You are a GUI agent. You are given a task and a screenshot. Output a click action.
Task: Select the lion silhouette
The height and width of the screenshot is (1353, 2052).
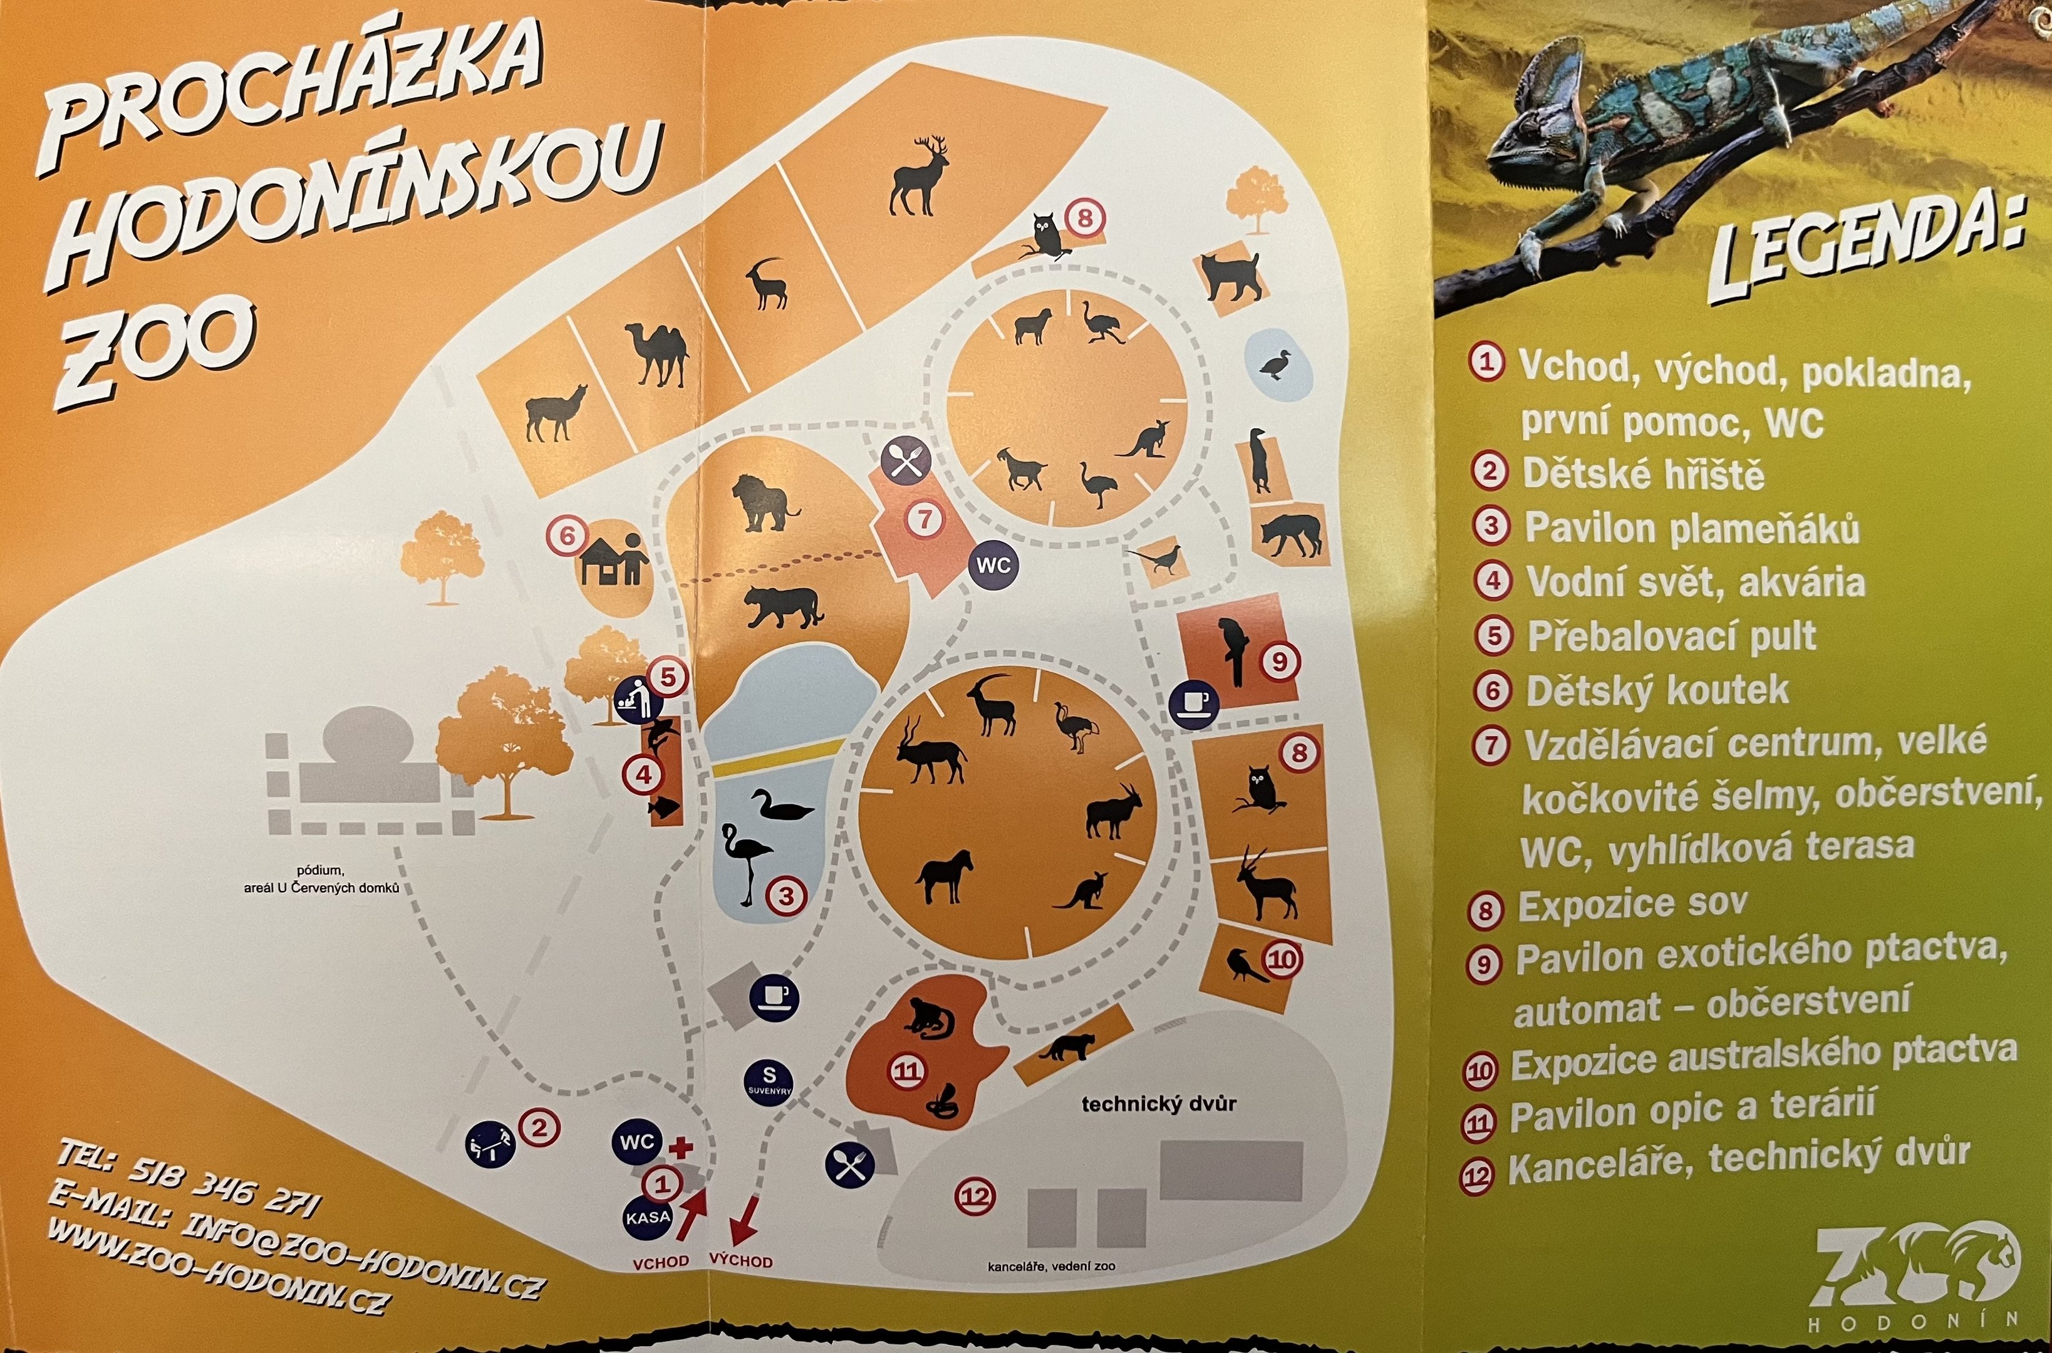(763, 504)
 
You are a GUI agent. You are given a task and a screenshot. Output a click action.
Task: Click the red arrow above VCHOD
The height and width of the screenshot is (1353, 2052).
(693, 1211)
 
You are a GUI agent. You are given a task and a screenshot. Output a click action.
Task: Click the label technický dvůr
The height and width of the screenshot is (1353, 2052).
(1158, 1104)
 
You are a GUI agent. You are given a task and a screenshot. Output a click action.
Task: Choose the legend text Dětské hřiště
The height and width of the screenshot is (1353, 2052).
(1643, 474)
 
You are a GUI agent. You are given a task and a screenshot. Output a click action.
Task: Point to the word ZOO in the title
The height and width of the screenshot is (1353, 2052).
(155, 350)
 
